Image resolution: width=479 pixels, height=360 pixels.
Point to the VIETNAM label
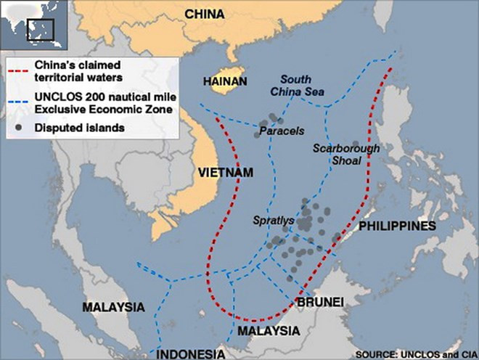(x=225, y=172)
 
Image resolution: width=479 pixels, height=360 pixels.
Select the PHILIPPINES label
(x=396, y=226)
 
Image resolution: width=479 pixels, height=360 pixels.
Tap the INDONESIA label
(x=192, y=353)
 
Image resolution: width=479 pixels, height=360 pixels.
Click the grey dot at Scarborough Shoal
(x=356, y=145)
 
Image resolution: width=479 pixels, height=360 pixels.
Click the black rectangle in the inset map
(x=41, y=30)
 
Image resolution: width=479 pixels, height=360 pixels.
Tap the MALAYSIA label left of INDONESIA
(x=113, y=307)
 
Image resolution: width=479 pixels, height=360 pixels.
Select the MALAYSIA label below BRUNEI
(x=269, y=330)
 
